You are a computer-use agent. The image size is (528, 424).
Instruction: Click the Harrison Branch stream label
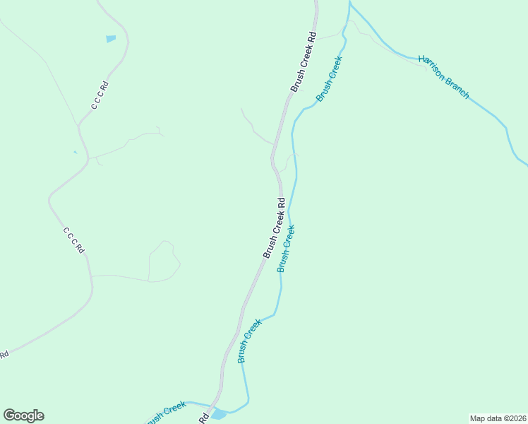[x=443, y=77]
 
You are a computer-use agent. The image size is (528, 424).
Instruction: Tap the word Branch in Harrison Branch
[x=455, y=87]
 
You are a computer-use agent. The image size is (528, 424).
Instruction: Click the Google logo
[x=23, y=416]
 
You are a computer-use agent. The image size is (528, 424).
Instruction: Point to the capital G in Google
[x=9, y=415]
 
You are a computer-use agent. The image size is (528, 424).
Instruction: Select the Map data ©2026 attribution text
[x=498, y=418]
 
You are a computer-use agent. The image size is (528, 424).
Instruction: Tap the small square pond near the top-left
[x=111, y=38]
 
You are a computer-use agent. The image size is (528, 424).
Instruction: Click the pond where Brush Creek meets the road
[x=219, y=413]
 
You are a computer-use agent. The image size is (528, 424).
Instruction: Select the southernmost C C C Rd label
[x=73, y=240]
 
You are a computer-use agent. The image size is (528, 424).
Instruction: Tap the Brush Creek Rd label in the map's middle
[x=274, y=227]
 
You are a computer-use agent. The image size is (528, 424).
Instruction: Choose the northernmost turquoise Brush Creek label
[x=329, y=79]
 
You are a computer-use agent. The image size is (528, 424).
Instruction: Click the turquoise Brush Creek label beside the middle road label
[x=286, y=248]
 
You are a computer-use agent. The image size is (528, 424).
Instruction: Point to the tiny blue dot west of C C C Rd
[x=75, y=151]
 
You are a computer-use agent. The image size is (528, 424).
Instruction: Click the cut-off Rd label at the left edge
[x=4, y=354]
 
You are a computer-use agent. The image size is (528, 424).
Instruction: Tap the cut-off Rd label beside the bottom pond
[x=203, y=418]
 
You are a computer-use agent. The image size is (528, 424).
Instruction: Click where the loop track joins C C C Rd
[x=92, y=276]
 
